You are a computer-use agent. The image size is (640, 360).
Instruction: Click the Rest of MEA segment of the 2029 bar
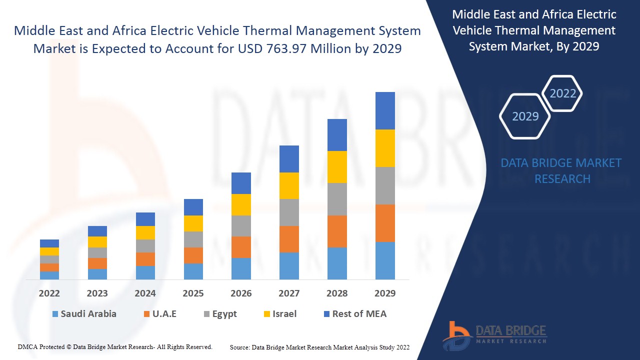click(385, 110)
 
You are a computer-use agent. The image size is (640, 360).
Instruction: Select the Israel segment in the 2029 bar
click(385, 148)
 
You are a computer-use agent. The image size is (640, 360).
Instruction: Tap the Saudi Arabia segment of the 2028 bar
click(337, 263)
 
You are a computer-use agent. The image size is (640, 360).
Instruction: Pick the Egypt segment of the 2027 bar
click(289, 212)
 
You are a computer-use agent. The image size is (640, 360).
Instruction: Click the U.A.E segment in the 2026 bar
click(241, 247)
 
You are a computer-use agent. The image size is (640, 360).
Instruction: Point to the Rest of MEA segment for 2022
click(49, 243)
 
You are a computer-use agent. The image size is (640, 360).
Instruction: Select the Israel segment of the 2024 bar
click(145, 232)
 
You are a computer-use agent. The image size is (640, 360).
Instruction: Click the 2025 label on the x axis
click(193, 293)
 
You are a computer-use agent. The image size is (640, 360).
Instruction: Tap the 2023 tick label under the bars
click(97, 293)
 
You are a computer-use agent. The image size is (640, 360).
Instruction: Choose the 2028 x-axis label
click(337, 293)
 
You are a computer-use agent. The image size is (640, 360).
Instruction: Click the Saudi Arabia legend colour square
click(55, 314)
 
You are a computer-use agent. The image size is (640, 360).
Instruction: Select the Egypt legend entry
click(224, 314)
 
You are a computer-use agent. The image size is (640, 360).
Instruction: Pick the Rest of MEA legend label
click(359, 314)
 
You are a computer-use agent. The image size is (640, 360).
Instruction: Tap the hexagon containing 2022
click(562, 93)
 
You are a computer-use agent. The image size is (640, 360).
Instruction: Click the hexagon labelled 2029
click(525, 116)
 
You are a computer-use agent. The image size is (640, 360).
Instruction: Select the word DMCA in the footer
click(27, 346)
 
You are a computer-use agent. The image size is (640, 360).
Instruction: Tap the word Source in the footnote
click(239, 347)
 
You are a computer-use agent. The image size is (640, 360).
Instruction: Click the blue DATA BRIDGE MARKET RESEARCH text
click(562, 170)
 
